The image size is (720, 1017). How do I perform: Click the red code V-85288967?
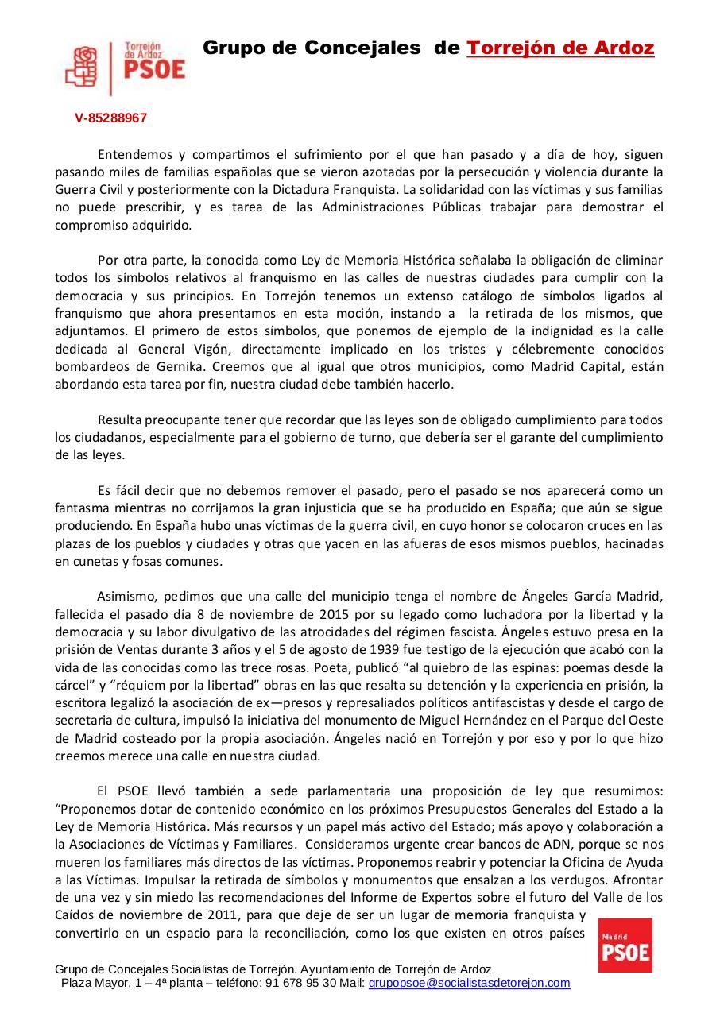110,118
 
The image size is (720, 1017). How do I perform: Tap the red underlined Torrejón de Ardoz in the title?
560,48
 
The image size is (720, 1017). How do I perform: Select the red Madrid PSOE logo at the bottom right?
625,945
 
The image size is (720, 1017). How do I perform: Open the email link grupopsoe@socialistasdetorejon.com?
469,983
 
